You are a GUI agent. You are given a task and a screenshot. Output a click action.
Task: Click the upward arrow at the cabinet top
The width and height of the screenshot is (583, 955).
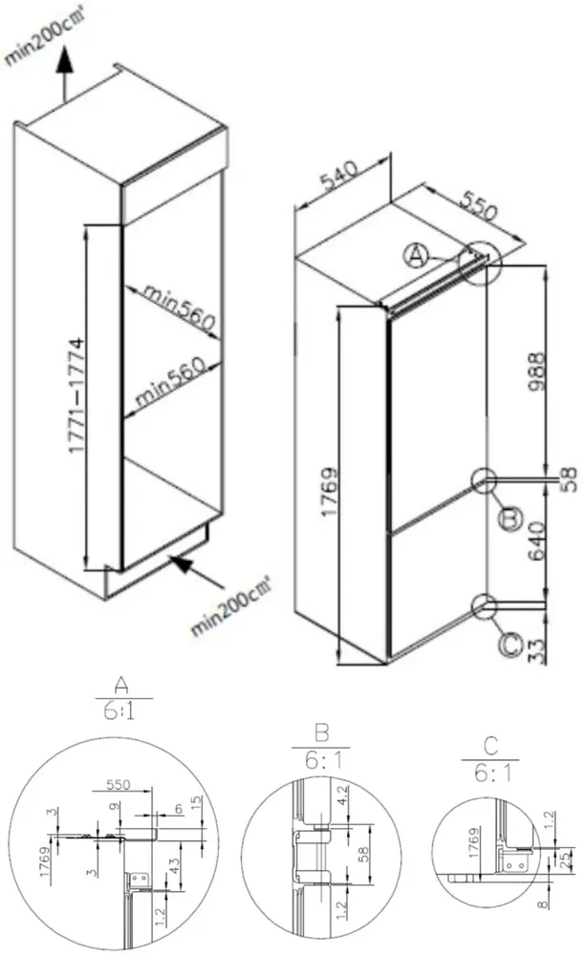point(63,67)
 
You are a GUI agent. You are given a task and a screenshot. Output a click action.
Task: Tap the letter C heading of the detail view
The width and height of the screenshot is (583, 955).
point(490,743)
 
